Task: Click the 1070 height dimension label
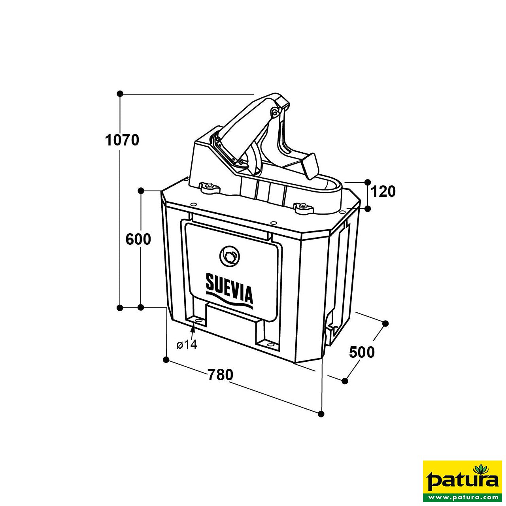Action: click(x=122, y=140)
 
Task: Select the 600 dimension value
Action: click(x=138, y=240)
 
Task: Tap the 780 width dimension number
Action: click(x=221, y=375)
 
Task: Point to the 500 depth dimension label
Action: click(x=362, y=352)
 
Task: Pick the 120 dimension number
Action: click(x=383, y=192)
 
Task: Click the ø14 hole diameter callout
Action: click(x=187, y=345)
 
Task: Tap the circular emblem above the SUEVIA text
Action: click(x=230, y=256)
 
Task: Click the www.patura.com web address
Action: click(x=462, y=497)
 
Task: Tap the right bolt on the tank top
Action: click(x=302, y=206)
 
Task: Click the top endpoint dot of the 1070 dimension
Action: click(x=120, y=94)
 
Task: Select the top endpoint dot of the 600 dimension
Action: click(x=141, y=191)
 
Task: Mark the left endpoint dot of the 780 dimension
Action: click(x=166, y=359)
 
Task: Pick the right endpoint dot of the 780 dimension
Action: click(x=321, y=414)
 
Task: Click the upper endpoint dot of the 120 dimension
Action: click(x=367, y=182)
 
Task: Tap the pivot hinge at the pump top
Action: click(x=274, y=113)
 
